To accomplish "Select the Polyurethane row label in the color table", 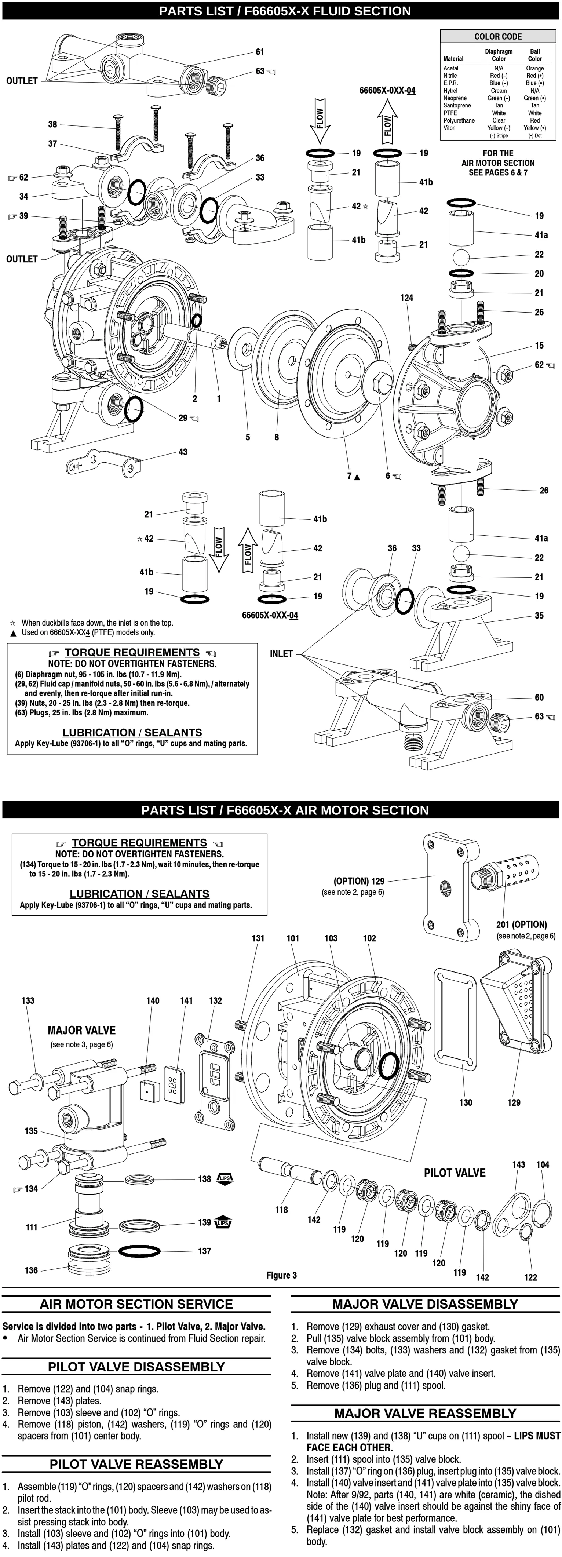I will [459, 120].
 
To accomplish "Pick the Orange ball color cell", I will [535, 68].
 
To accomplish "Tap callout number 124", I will [407, 298].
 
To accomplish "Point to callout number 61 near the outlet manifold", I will [260, 52].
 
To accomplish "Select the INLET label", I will [281, 653].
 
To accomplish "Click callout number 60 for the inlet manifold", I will [539, 697].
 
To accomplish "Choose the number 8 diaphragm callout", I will [277, 437].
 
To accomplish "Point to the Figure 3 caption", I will [282, 1275].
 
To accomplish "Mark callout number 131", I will [258, 938].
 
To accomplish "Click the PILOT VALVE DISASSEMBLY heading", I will [136, 1367].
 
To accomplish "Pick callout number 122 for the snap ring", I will [530, 1277].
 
